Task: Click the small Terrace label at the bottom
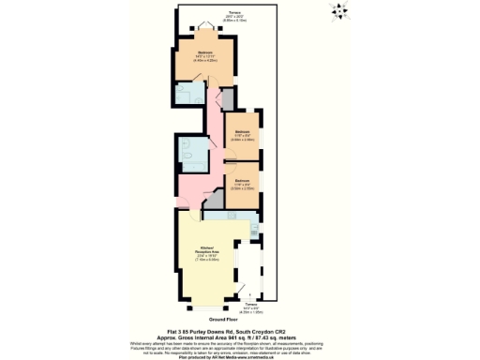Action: (248, 307)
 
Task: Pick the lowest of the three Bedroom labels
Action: (242, 182)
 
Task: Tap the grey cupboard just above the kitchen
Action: (215, 199)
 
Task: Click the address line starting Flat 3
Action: (239, 331)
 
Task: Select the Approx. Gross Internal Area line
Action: (239, 337)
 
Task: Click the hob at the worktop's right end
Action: (254, 229)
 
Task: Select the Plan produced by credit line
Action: (239, 356)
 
